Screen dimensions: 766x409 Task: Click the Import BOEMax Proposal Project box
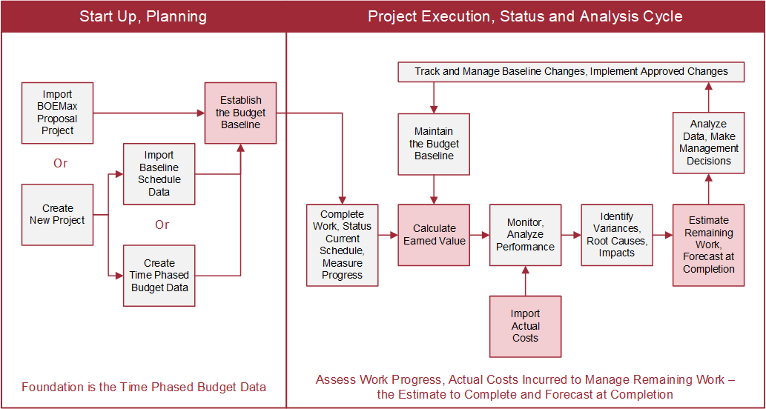tap(57, 113)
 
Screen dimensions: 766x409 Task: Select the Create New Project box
tap(57, 215)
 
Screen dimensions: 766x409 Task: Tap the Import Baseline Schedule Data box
tap(159, 174)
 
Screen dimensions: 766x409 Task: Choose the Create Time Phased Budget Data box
tap(159, 276)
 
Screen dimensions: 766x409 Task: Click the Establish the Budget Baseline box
tap(240, 113)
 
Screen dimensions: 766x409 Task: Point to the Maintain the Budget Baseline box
tap(434, 144)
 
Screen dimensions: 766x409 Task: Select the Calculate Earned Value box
tap(434, 235)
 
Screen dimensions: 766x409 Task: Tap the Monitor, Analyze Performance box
tap(525, 235)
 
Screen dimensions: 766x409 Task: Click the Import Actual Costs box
tap(525, 326)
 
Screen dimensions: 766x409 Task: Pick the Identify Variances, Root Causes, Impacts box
tap(617, 235)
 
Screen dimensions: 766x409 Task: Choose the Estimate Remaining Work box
tap(708, 245)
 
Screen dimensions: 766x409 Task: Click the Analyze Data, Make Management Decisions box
tap(708, 142)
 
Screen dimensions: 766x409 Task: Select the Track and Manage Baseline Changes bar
tap(572, 72)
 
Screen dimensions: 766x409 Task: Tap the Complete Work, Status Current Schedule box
tap(342, 245)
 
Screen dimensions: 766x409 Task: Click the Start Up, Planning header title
tap(143, 16)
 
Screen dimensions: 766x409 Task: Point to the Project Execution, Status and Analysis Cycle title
tap(525, 16)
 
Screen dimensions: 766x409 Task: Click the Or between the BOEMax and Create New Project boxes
tap(61, 164)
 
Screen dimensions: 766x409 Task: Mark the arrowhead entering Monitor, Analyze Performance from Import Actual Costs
tap(525, 269)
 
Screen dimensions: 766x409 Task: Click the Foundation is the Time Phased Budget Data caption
tap(144, 388)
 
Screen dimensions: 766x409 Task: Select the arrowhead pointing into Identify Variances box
tap(578, 235)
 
